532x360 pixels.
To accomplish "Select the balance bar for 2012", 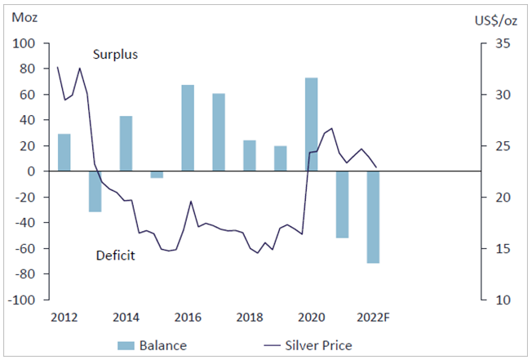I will (64, 153).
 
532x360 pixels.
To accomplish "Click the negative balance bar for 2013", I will (95, 192).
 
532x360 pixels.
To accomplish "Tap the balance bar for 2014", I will (126, 144).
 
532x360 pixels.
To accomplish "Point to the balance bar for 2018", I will (250, 156).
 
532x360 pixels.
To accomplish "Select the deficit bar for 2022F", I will (373, 217).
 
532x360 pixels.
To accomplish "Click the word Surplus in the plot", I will (115, 55).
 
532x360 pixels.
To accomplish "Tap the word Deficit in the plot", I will (115, 256).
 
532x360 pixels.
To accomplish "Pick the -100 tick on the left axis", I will (25, 300).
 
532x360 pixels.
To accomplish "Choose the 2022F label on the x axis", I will (373, 317).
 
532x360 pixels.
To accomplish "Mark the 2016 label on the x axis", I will (188, 317).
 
